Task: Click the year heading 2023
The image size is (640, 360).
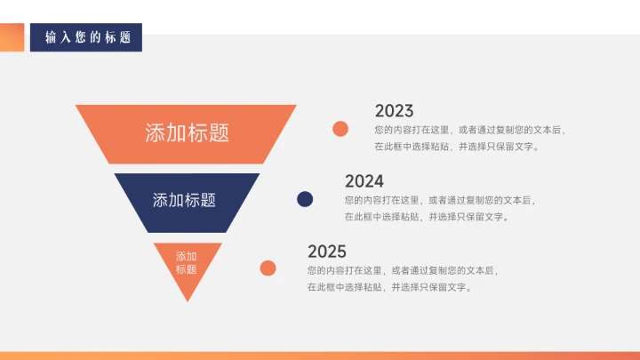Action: tap(394, 111)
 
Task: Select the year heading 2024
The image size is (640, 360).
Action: tap(364, 181)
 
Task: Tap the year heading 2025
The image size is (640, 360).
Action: tap(326, 252)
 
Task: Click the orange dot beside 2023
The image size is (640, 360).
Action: tap(340, 129)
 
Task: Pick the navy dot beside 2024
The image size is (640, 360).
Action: tap(305, 199)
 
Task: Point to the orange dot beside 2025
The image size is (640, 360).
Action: tap(268, 268)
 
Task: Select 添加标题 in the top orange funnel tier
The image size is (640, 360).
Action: tap(187, 132)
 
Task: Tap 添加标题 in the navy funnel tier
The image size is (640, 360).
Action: tap(184, 200)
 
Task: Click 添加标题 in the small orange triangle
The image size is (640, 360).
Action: tap(186, 263)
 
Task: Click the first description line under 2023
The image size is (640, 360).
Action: tap(469, 130)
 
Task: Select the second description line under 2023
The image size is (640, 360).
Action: tap(456, 147)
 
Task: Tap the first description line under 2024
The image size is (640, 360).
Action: tap(439, 200)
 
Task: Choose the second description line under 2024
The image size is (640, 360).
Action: tap(426, 217)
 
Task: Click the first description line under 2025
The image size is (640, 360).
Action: tap(402, 269)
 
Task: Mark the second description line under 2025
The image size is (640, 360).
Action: tap(388, 287)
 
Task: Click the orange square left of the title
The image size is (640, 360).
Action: tap(12, 37)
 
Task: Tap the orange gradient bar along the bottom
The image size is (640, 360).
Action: tap(320, 356)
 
